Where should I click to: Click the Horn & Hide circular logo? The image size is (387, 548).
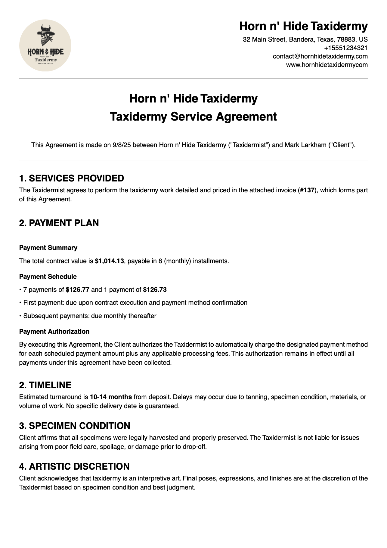pyautogui.click(x=45, y=46)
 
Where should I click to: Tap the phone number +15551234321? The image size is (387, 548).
pyautogui.click(x=346, y=48)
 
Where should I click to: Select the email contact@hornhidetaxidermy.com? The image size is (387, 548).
pyautogui.click(x=320, y=56)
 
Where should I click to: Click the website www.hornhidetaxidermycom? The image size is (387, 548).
pyautogui.click(x=327, y=65)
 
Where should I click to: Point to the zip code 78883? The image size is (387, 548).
pyautogui.click(x=347, y=39)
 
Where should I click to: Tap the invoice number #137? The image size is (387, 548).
pyautogui.click(x=307, y=190)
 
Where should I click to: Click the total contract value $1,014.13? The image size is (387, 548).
pyautogui.click(x=109, y=261)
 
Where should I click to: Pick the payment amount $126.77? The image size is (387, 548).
pyautogui.click(x=78, y=290)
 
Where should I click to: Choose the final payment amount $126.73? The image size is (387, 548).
pyautogui.click(x=155, y=290)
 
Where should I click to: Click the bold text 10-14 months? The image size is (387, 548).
pyautogui.click(x=111, y=397)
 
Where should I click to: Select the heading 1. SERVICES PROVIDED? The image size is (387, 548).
pyautogui.click(x=72, y=178)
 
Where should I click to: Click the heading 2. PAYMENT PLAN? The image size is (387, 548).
pyautogui.click(x=59, y=223)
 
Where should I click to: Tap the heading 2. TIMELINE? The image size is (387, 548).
pyautogui.click(x=45, y=385)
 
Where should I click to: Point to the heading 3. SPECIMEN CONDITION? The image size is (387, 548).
pyautogui.click(x=75, y=426)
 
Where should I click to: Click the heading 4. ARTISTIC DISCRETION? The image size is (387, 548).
pyautogui.click(x=74, y=467)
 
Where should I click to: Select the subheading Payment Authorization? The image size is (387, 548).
pyautogui.click(x=54, y=332)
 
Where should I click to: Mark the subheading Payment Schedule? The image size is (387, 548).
pyautogui.click(x=48, y=277)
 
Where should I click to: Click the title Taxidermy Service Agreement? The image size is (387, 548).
pyautogui.click(x=193, y=117)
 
